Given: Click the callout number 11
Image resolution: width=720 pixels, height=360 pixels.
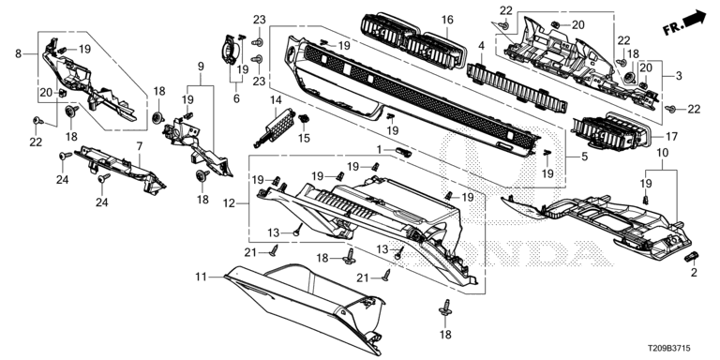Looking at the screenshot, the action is pyautogui.click(x=201, y=277).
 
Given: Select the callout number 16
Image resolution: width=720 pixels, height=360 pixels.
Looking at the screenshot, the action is pyautogui.click(x=447, y=20).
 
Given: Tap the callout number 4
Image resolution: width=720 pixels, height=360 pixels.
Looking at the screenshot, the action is pyautogui.click(x=481, y=45).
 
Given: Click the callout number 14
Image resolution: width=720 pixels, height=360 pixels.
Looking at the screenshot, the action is pyautogui.click(x=275, y=99).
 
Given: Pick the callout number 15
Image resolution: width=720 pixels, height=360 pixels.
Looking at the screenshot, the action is pyautogui.click(x=304, y=138).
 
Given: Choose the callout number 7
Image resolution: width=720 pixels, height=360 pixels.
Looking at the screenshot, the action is pyautogui.click(x=139, y=146).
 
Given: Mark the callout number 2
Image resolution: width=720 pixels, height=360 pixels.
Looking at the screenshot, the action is pyautogui.click(x=694, y=273).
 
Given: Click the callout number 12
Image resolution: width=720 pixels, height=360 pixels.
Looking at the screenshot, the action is pyautogui.click(x=228, y=202).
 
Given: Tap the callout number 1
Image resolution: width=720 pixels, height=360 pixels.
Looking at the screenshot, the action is pyautogui.click(x=380, y=150).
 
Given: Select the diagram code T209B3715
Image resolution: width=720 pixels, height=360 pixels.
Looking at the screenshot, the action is pyautogui.click(x=669, y=350).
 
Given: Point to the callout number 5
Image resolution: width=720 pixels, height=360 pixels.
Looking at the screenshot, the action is pyautogui.click(x=584, y=157).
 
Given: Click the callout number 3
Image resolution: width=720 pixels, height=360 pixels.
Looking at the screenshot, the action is pyautogui.click(x=679, y=76).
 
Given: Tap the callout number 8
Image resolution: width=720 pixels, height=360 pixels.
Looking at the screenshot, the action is pyautogui.click(x=19, y=53).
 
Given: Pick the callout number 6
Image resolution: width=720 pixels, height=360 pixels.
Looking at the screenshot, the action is pyautogui.click(x=236, y=98).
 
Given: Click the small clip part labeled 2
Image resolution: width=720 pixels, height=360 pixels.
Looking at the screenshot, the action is pyautogui.click(x=691, y=257).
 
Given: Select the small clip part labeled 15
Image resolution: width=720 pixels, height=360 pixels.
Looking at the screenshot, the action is pyautogui.click(x=303, y=119).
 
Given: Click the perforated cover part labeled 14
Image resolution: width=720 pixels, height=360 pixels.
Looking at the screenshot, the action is pyautogui.click(x=274, y=125).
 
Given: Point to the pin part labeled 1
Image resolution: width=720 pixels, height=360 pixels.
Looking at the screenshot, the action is pyautogui.click(x=403, y=152).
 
